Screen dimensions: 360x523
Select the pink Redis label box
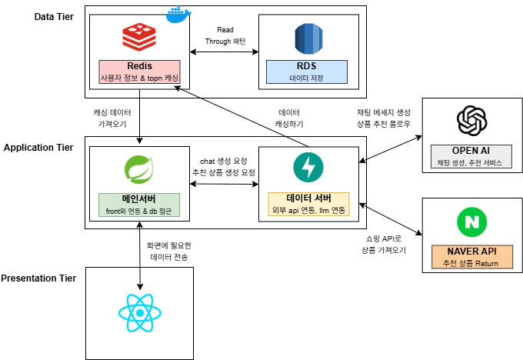(x=138, y=72)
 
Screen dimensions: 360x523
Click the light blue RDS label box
(x=307, y=72)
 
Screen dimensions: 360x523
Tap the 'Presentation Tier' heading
(x=38, y=278)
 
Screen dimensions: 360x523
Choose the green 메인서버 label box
(x=140, y=204)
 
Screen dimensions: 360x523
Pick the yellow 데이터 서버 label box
(x=308, y=204)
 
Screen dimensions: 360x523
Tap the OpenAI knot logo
(x=471, y=120)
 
